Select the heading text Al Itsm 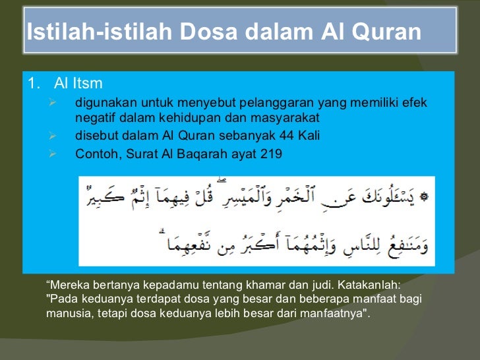click(x=78, y=84)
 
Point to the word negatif click(x=96, y=118)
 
